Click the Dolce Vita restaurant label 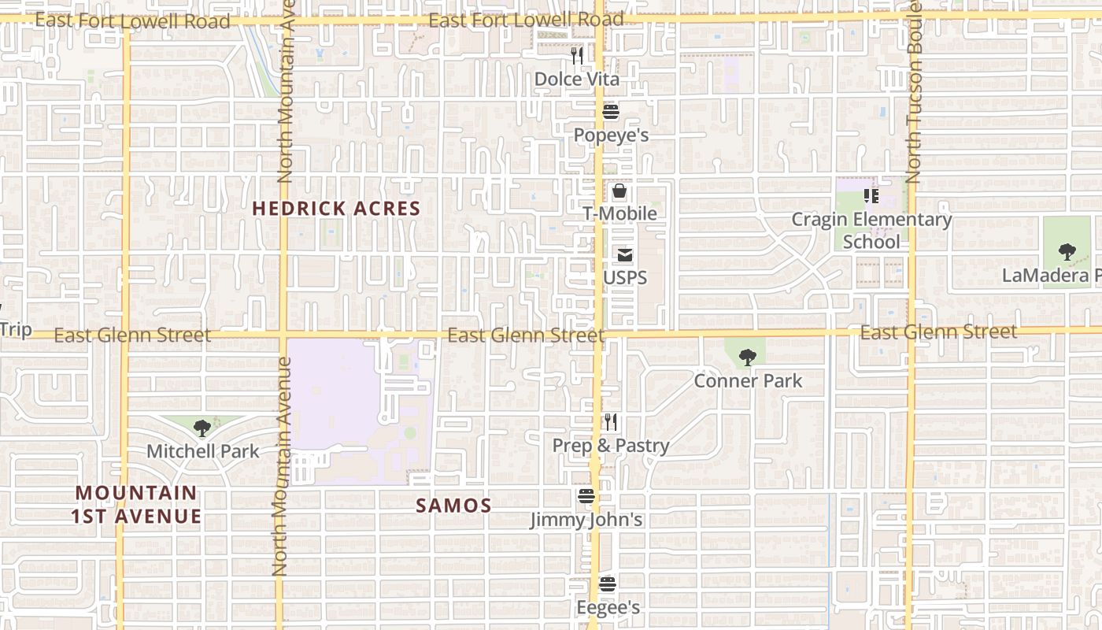(577, 80)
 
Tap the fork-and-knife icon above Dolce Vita (577, 55)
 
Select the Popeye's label (611, 135)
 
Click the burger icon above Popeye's (611, 112)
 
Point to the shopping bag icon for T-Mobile (619, 191)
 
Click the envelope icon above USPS (625, 255)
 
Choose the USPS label (625, 278)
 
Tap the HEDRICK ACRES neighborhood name (336, 209)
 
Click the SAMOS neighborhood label (453, 506)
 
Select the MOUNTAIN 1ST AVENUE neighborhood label (136, 505)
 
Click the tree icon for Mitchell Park (202, 428)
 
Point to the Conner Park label (748, 381)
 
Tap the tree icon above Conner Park (748, 358)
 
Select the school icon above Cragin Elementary (871, 195)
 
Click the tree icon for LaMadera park (1067, 252)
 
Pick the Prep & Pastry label (611, 446)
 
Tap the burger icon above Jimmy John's (586, 496)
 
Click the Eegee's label (608, 608)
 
